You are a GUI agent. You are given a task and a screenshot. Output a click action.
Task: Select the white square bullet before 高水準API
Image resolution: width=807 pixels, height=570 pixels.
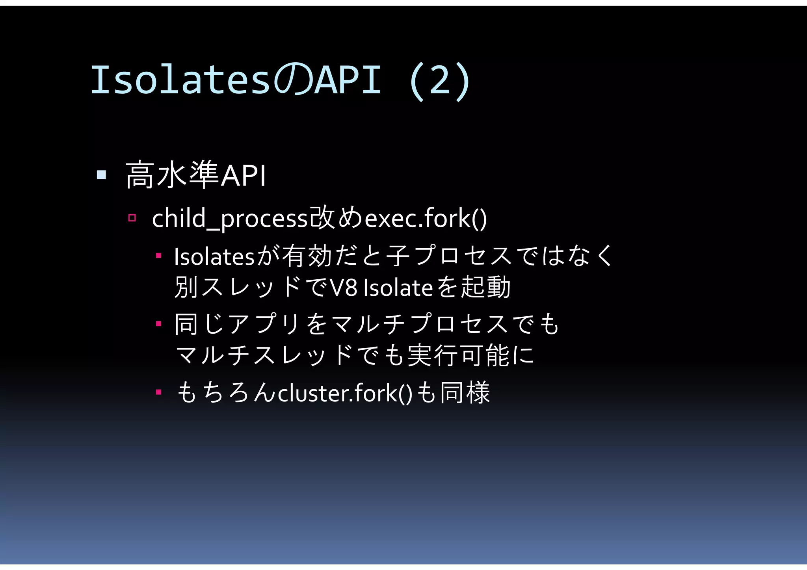click(x=101, y=175)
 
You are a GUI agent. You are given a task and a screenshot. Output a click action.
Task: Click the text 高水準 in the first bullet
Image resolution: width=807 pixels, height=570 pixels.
click(x=172, y=175)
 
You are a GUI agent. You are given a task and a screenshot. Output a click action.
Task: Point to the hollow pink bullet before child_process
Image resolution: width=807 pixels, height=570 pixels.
click(x=132, y=218)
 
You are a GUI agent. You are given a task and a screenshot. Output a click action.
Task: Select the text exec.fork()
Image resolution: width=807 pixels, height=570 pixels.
click(x=426, y=219)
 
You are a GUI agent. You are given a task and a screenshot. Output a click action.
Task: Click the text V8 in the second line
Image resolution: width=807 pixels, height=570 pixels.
click(x=343, y=288)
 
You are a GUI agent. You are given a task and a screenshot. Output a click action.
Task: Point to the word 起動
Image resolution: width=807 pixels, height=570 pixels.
click(x=486, y=287)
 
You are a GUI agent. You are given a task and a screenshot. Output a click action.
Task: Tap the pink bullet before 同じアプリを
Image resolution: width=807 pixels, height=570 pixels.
click(x=158, y=324)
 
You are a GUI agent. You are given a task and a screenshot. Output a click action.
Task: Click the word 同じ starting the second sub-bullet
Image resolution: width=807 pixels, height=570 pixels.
click(x=199, y=324)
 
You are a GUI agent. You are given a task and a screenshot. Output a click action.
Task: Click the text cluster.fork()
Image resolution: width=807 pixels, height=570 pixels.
click(x=345, y=393)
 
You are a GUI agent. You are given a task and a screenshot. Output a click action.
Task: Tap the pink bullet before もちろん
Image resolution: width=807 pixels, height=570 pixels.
click(x=158, y=392)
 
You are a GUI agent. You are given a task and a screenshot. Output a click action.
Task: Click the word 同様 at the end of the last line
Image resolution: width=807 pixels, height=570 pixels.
click(x=465, y=393)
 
